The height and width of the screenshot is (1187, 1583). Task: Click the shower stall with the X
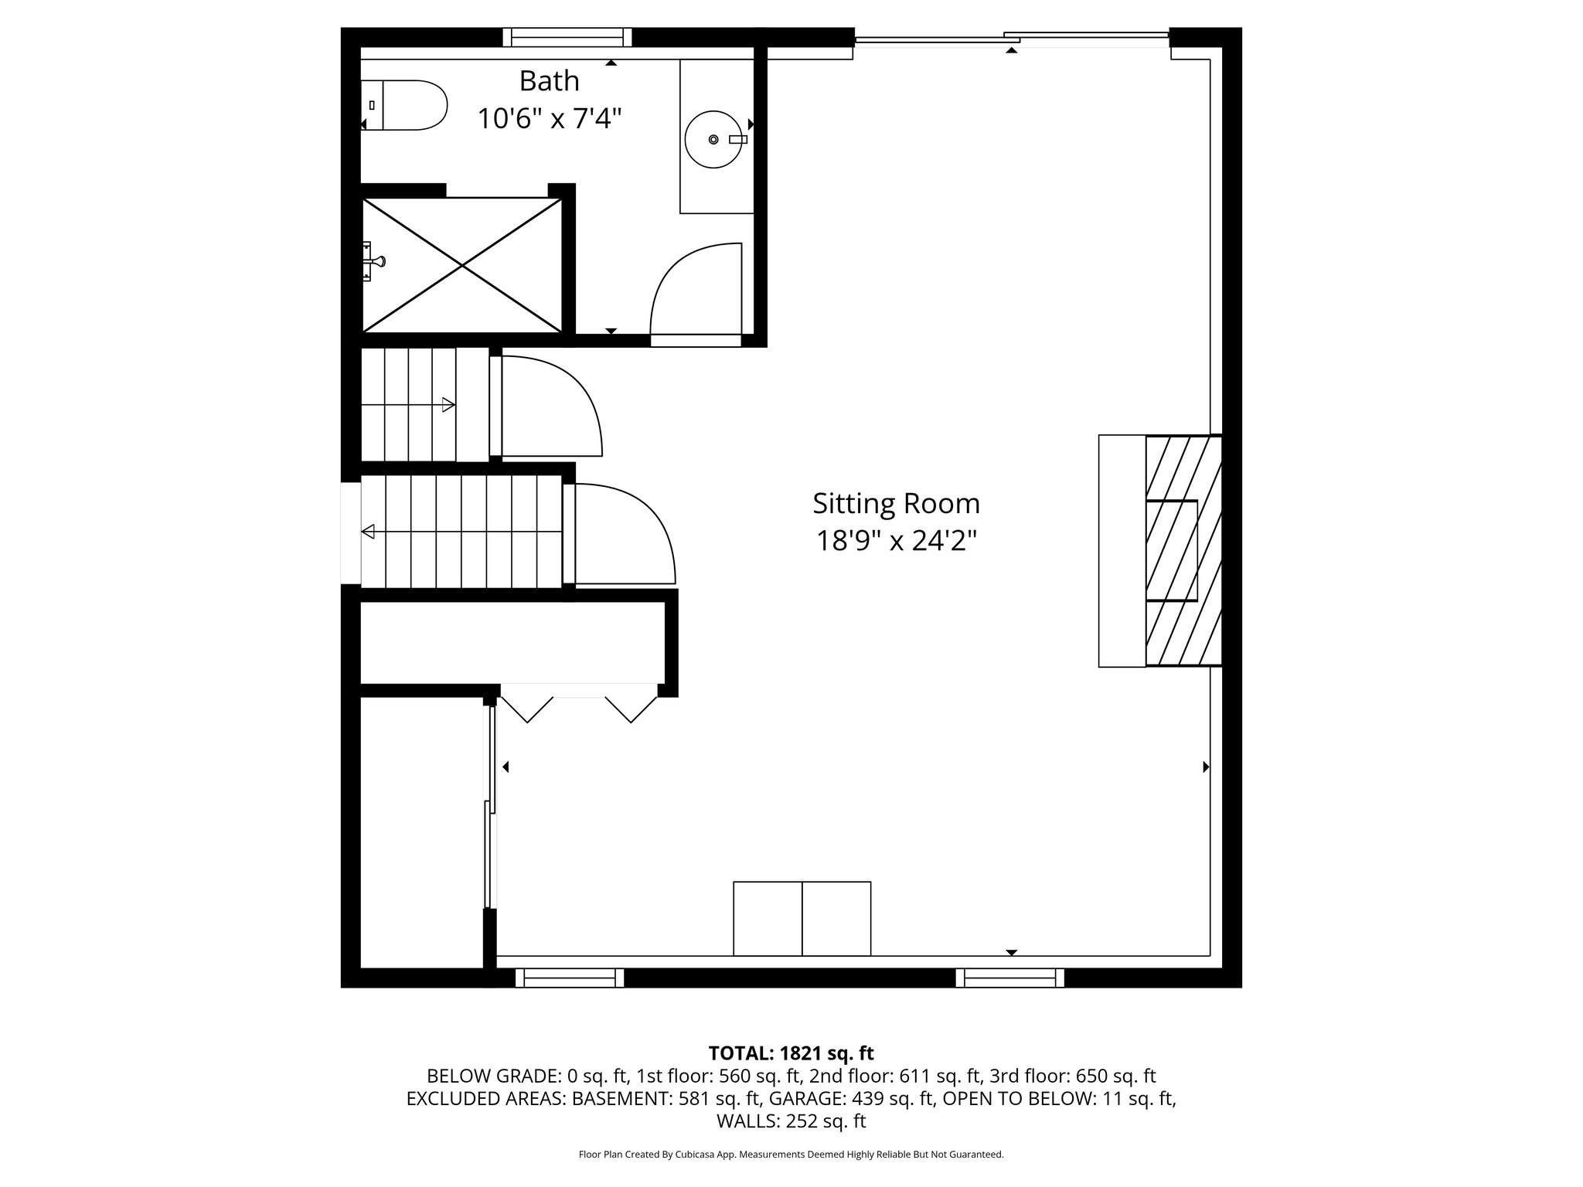462,265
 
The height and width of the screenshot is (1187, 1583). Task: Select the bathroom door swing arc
693,289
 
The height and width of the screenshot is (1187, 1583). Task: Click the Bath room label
549,80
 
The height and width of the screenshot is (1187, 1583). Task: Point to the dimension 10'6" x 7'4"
549,119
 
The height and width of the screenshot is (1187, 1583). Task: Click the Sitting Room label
896,504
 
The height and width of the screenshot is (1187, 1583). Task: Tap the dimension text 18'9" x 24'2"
896,541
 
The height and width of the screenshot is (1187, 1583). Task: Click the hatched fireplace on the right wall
1183,550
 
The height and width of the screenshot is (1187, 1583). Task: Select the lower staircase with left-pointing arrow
461,531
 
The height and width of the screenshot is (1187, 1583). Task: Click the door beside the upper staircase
550,406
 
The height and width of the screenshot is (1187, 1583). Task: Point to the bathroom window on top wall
567,37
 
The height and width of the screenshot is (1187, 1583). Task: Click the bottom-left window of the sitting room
570,978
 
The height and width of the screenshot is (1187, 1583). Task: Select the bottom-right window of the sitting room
1009,978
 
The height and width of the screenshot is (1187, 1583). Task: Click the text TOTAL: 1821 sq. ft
791,1053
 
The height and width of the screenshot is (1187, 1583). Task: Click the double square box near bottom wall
802,918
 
